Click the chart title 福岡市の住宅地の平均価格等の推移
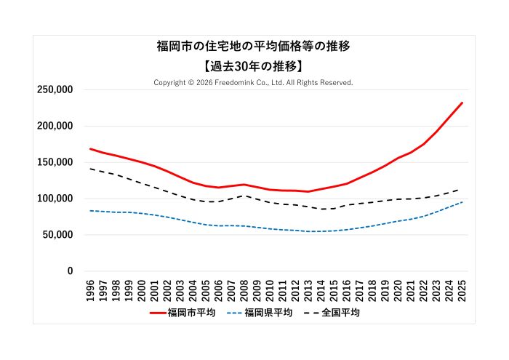coord(254,47)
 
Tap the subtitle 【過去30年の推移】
coord(254,65)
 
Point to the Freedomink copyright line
coord(254,82)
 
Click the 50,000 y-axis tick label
coord(57,235)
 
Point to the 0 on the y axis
coord(70,271)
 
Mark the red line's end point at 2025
coord(462,103)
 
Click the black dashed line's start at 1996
coord(91,169)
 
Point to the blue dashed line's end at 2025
coord(462,202)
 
